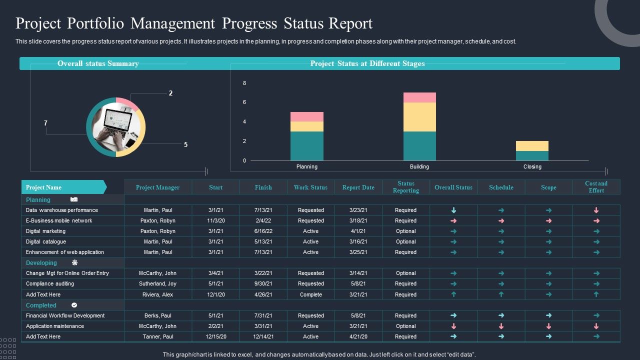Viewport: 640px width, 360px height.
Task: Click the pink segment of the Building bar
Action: [x=419, y=97]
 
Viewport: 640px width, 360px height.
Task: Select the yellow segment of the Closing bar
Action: [x=532, y=146]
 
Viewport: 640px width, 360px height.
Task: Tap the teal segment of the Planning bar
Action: [x=307, y=146]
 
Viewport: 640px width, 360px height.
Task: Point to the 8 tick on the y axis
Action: [x=244, y=83]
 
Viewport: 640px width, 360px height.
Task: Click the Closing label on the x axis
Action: [x=532, y=166]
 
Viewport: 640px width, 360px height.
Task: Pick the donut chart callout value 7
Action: [x=45, y=123]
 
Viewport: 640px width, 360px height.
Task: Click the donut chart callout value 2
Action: [x=170, y=93]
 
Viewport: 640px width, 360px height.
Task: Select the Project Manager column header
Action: [x=157, y=187]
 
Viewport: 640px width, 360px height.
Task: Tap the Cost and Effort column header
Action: [x=596, y=187]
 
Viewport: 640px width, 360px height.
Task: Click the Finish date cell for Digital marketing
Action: [x=263, y=231]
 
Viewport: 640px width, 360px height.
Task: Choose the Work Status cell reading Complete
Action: [x=310, y=294]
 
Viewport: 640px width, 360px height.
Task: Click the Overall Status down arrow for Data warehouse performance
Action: [x=453, y=210]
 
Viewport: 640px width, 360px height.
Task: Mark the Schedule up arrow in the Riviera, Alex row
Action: [x=501, y=294]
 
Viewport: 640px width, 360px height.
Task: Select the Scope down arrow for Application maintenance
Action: [x=548, y=326]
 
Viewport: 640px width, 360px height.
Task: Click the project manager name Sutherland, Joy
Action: [x=157, y=283]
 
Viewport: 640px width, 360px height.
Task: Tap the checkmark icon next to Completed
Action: [x=74, y=305]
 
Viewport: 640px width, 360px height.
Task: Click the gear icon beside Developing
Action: [x=75, y=262]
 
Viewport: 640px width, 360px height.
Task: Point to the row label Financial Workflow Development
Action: [x=65, y=315]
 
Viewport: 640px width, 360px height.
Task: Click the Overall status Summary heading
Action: [x=98, y=63]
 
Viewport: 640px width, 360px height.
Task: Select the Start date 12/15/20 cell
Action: [x=215, y=336]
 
